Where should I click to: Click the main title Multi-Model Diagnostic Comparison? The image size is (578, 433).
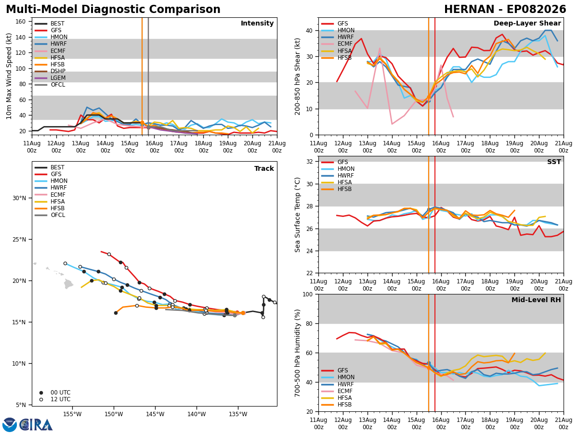113,9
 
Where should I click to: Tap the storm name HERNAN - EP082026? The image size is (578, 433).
505,9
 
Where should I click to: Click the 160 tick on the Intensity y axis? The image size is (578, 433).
21,22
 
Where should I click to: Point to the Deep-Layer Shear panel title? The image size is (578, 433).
527,23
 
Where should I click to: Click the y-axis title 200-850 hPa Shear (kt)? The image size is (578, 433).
297,77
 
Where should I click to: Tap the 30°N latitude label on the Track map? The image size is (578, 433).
19,198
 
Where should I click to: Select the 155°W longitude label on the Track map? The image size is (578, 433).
72,414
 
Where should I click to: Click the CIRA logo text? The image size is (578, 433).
36,425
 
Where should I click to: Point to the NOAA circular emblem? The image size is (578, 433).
10,425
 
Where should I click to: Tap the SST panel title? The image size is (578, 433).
554,162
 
